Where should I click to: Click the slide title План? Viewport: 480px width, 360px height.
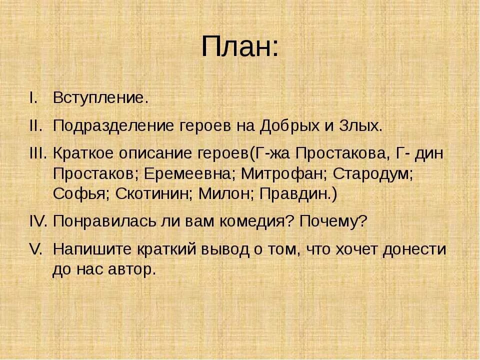(x=239, y=47)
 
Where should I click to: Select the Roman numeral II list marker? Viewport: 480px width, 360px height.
(x=36, y=125)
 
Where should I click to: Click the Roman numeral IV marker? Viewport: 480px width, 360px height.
(x=37, y=221)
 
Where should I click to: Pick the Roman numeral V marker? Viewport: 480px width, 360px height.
(x=36, y=248)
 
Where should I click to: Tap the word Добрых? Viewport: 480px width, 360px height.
(x=288, y=125)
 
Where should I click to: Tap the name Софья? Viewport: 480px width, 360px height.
(x=80, y=194)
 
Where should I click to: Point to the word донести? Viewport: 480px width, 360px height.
(x=414, y=249)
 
